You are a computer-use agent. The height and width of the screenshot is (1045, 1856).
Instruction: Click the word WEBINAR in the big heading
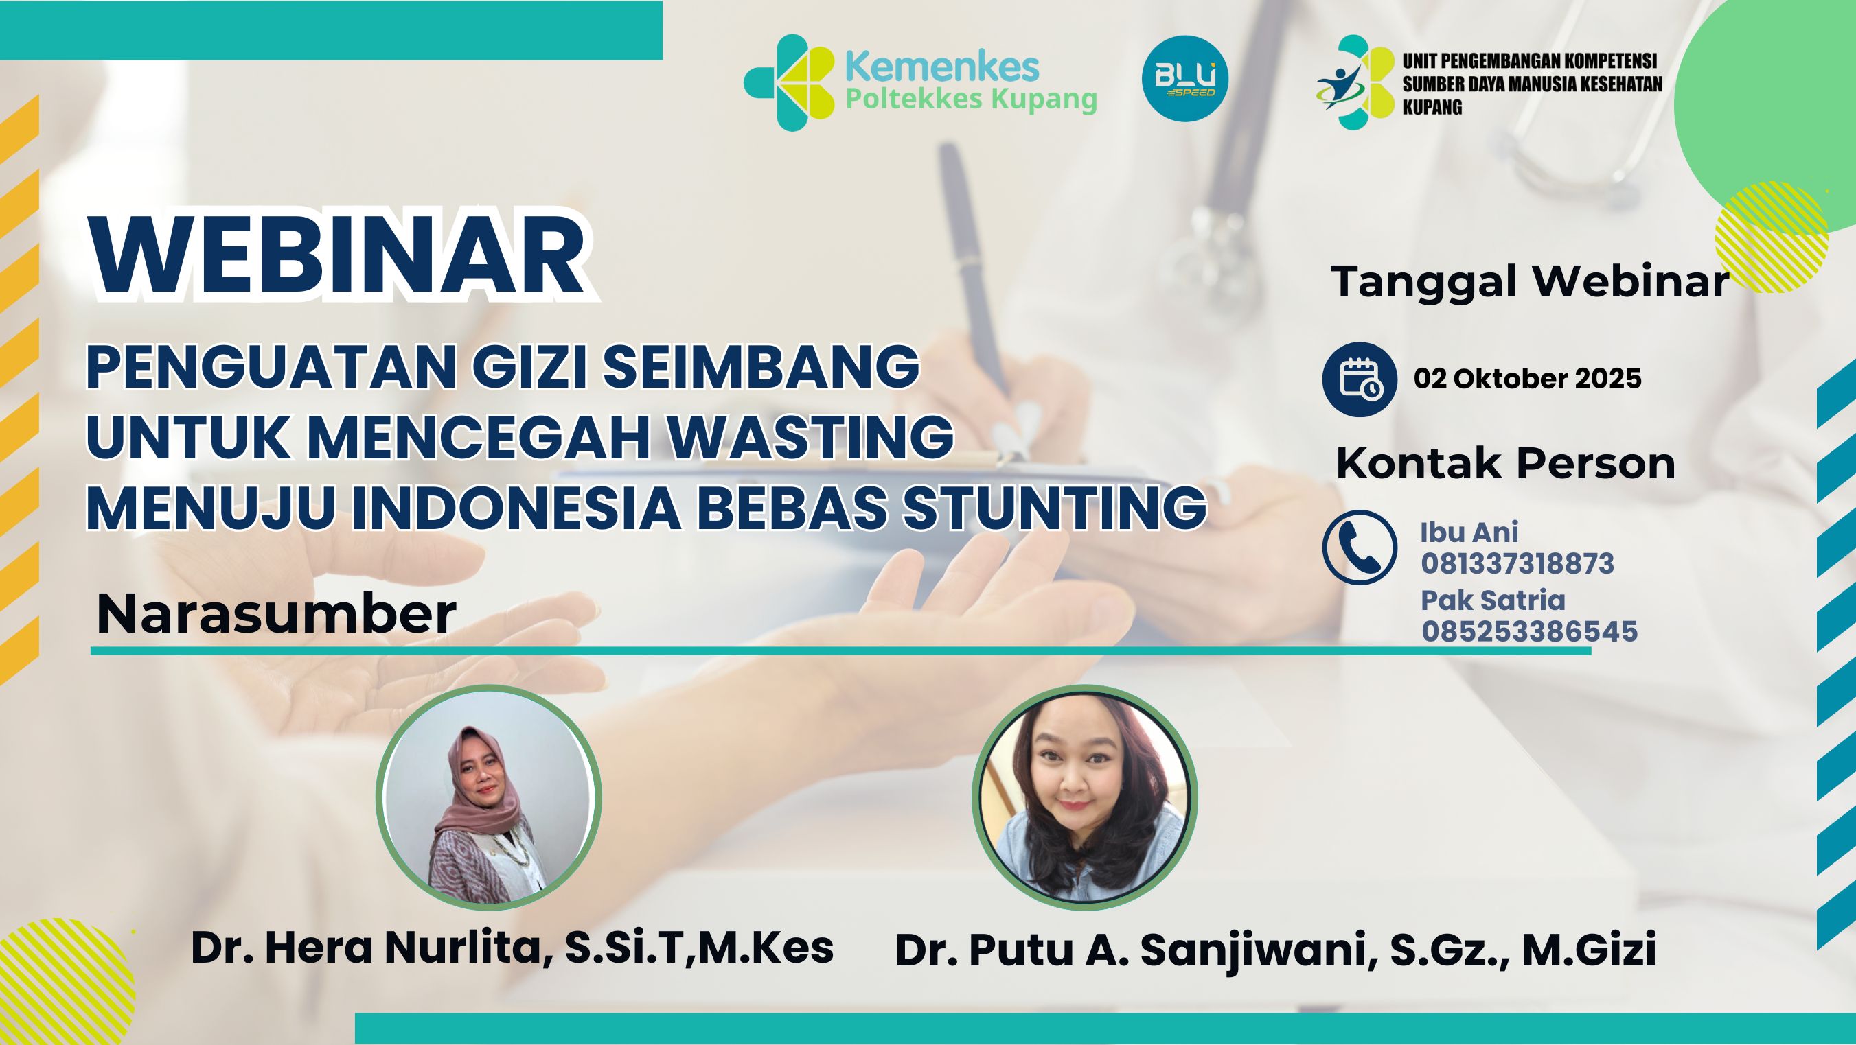338,259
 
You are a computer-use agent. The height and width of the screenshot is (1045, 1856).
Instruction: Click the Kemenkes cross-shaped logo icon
789,82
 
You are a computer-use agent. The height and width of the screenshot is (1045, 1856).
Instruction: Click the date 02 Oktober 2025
1528,379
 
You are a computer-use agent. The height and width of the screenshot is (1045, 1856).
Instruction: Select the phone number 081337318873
1517,564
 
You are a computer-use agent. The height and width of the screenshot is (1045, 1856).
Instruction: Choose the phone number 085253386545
1530,632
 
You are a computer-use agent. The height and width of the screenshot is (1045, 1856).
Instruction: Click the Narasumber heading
276,613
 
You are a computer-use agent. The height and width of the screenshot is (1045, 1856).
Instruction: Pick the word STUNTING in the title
1055,507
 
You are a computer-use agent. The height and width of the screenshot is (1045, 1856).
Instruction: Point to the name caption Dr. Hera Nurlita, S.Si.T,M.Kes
512,948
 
